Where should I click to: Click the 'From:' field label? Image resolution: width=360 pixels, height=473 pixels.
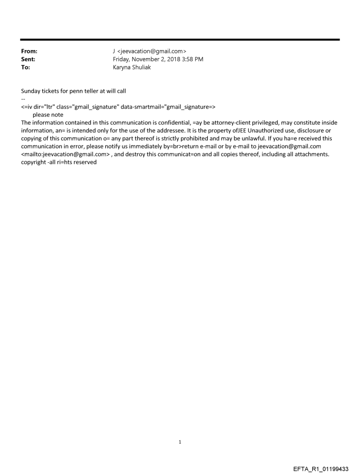29,52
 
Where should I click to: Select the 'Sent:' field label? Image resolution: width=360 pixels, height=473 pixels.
28,60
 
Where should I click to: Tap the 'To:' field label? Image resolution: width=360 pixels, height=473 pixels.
26,67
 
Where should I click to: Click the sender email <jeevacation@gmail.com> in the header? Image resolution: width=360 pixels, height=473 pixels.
152,52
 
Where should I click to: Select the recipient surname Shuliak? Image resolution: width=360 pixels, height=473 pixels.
141,67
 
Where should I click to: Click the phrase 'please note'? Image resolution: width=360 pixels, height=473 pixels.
48,115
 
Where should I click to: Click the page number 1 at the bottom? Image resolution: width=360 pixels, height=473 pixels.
180,442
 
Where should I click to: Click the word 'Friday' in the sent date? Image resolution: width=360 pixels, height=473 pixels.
122,60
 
